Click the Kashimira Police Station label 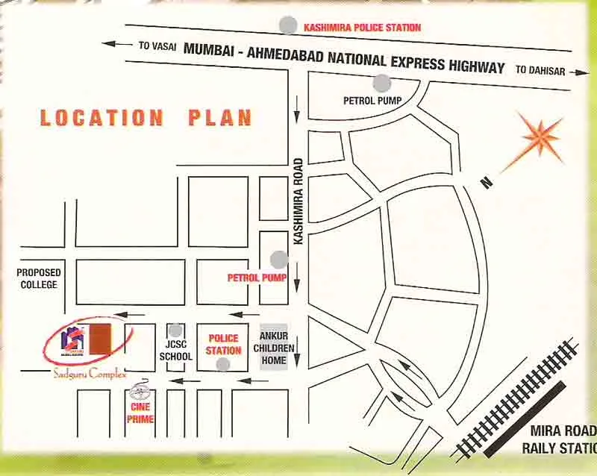362,28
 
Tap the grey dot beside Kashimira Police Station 287,25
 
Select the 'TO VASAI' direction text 157,46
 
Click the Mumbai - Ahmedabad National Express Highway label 344,56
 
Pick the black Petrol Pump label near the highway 369,100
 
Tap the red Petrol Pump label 252,278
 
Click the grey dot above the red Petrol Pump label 279,260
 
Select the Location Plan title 146,118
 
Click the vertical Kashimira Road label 298,201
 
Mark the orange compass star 541,138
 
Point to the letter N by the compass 486,182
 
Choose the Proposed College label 39,278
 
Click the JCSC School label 175,351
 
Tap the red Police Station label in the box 224,345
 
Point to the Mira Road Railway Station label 560,439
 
